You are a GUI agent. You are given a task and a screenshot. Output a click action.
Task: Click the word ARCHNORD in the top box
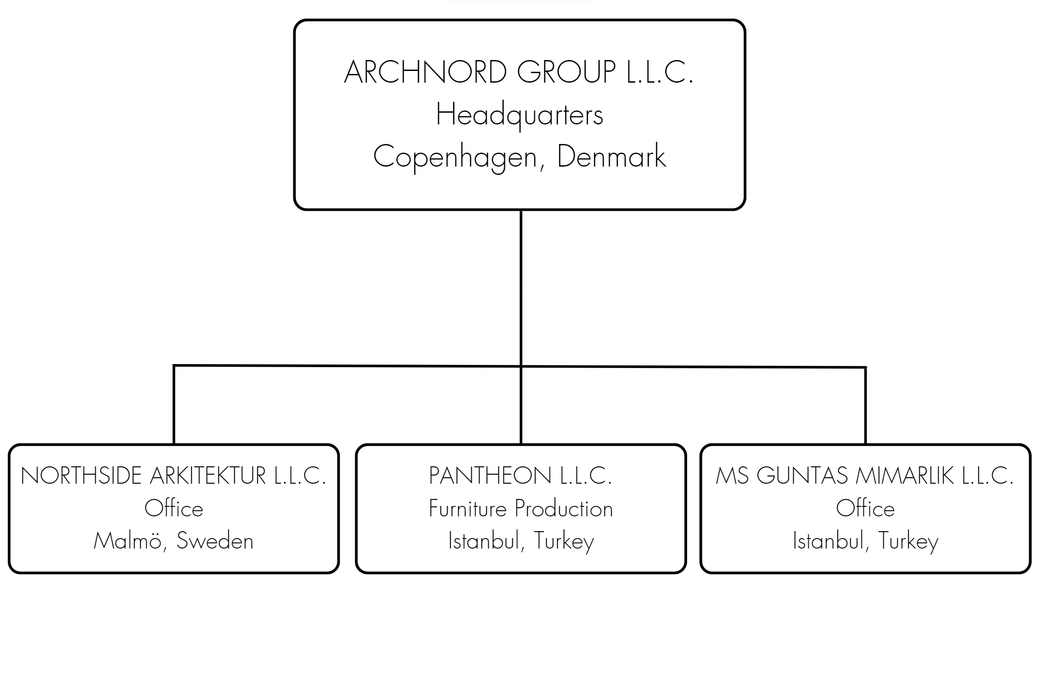point(426,72)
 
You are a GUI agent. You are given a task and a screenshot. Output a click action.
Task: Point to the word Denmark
point(611,156)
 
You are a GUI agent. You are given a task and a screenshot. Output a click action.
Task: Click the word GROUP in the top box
point(566,72)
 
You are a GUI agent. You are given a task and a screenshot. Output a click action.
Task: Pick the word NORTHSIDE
point(81,476)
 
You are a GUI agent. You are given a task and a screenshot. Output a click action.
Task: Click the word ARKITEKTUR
point(208,476)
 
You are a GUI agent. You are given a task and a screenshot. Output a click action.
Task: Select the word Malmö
point(127,541)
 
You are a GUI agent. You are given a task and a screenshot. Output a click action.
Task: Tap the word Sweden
point(215,541)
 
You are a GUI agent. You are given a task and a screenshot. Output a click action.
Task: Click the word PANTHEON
point(490,476)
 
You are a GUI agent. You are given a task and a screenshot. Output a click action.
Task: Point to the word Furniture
point(468,509)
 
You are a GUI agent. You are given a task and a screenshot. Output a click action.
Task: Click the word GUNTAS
point(802,476)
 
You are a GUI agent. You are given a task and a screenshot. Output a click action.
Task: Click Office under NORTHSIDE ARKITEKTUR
point(174,509)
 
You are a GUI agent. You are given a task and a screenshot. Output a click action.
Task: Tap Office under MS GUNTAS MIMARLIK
point(866,509)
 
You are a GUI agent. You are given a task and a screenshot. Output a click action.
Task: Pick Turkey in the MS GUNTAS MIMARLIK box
point(909,542)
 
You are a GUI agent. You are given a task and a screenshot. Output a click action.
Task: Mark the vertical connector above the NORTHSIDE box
point(174,405)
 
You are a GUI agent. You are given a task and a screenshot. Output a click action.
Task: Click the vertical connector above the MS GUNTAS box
point(866,406)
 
